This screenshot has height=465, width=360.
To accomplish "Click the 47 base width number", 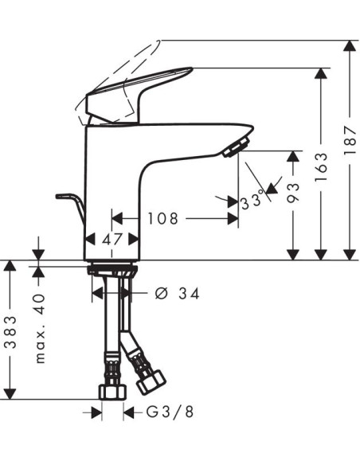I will [x=113, y=238].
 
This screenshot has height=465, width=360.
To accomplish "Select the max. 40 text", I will [x=41, y=327].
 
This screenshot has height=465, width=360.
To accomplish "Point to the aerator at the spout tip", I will [x=237, y=146].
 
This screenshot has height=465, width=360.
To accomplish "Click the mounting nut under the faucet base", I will [x=112, y=270].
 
